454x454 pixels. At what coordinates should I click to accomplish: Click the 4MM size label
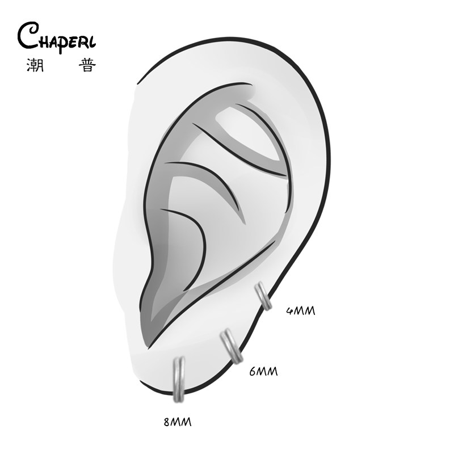point(300,310)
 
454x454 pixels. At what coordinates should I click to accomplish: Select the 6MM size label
point(264,372)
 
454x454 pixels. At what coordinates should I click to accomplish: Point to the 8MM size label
point(176,422)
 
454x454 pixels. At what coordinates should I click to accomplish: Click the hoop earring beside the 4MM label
point(262,296)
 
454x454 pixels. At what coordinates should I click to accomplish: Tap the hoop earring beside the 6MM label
point(231,346)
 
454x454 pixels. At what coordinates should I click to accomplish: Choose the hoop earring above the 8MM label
point(179,378)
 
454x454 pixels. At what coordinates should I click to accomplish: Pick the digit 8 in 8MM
point(166,422)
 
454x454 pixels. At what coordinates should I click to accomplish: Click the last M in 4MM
point(309,310)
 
